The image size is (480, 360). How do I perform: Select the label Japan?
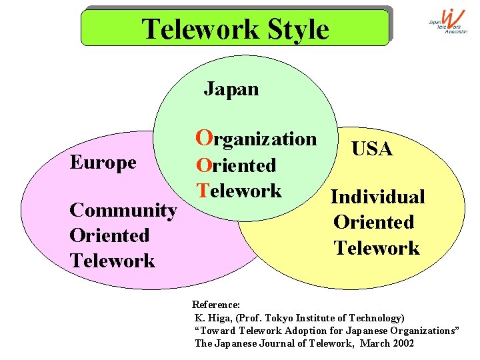[231, 89]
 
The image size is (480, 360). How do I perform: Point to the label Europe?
[103, 163]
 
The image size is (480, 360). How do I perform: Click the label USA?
[372, 149]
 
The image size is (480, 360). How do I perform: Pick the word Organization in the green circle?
[256, 139]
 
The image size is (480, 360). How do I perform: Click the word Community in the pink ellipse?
[123, 211]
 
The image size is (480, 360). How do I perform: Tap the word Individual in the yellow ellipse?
[377, 197]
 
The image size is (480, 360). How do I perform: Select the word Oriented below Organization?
[235, 165]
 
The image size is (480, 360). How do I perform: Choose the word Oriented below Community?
[109, 235]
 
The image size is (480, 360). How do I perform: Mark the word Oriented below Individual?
[374, 223]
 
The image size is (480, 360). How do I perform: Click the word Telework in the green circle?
[239, 191]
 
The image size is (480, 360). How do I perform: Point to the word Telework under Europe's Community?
[112, 261]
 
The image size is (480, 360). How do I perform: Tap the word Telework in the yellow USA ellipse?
[377, 248]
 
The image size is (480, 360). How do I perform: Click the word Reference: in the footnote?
[216, 305]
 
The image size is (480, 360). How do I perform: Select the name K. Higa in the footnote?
[213, 318]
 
